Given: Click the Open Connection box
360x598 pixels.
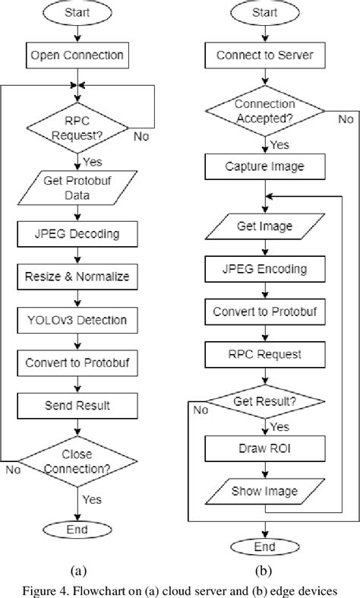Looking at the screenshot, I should [77, 55].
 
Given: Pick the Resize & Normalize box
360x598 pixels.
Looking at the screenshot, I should [77, 277].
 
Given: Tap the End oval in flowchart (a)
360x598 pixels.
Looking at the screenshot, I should [77, 530].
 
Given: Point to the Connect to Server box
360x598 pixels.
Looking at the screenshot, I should [264, 55].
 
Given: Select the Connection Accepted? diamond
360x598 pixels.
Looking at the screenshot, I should [264, 110].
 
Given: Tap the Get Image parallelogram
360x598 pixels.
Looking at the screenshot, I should [264, 226].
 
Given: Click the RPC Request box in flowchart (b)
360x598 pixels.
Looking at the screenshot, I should [264, 353].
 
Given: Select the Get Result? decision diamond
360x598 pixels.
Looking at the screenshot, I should [264, 401].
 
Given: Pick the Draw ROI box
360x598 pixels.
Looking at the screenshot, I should [264, 449].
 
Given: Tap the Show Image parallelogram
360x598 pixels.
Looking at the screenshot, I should [264, 490].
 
